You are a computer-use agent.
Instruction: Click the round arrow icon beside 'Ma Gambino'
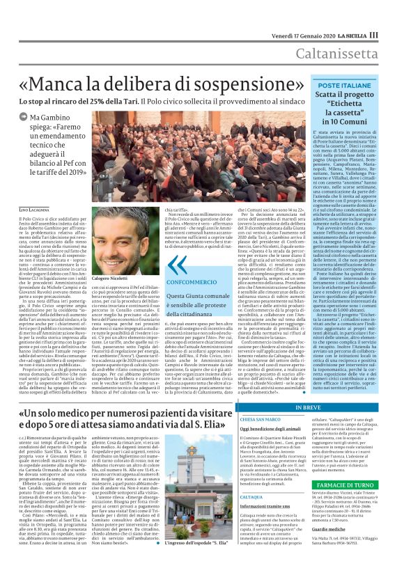pos(25,119)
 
